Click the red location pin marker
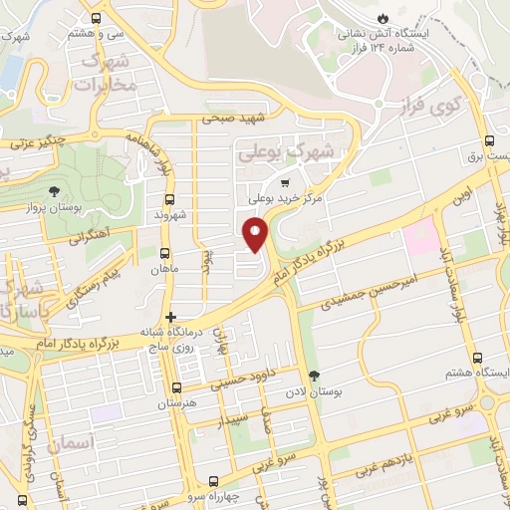point(256,234)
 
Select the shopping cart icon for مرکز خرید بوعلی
point(285,183)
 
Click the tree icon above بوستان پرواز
point(53,193)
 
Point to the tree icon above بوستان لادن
point(316,376)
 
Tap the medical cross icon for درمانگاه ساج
point(170,317)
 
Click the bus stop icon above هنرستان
point(176,388)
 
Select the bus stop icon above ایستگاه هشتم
point(477,358)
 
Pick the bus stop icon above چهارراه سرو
point(211,480)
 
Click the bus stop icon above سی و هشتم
point(96,18)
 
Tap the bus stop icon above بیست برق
point(488,141)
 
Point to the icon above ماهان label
point(162,253)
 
